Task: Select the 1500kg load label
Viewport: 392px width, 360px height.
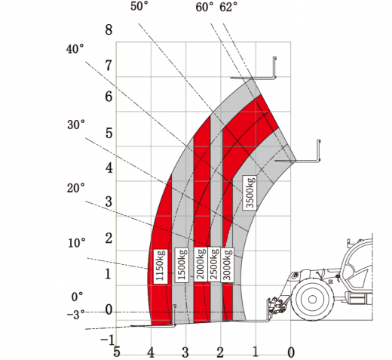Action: pos(182,264)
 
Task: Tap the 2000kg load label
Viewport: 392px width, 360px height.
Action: pos(201,264)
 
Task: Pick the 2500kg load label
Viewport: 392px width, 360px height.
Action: pos(214,264)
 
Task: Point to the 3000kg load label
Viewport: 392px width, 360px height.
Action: pos(227,264)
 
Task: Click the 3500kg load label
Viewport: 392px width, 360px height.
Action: pos(250,192)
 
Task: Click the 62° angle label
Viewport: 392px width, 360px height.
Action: pos(228,7)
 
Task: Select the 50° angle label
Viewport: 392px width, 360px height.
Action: pos(139,6)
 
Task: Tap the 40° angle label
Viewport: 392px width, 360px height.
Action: pos(75,49)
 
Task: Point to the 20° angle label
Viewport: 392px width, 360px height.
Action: pos(76,188)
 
